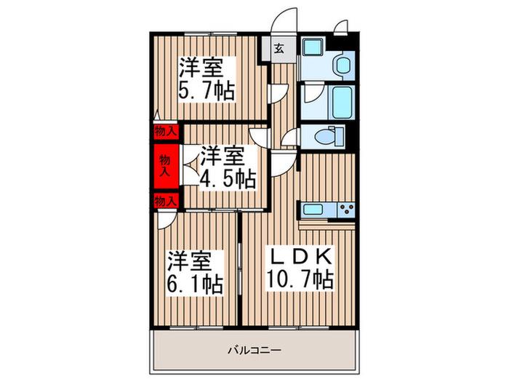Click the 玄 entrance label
(279, 49)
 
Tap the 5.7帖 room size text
(207, 91)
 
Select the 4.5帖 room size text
(228, 179)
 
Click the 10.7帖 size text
(300, 279)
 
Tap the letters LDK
(300, 256)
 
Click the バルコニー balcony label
(254, 351)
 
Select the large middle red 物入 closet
(167, 166)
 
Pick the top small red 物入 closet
(167, 132)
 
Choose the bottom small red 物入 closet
(167, 201)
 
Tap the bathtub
(342, 103)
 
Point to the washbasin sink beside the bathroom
(343, 65)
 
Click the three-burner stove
(347, 210)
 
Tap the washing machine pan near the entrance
(313, 47)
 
